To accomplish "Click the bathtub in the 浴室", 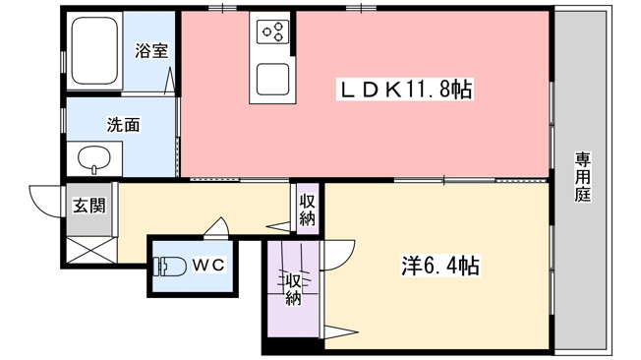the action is coord(94,51).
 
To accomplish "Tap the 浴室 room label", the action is coord(151,51).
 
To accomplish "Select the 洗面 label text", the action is coord(124,125).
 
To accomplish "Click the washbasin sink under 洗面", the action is coord(94,159).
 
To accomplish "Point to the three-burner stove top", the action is coord(272,31).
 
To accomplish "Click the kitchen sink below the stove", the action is coord(272,79).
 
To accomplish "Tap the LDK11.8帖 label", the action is coord(405,90).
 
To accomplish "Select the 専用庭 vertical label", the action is coord(582,177).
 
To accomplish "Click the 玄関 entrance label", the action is coord(89,206).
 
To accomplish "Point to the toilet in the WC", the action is coord(169,266).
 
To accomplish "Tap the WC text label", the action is coord(208,266).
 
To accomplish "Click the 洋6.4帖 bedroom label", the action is coord(439,266).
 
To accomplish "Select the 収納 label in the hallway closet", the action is coord(307,210).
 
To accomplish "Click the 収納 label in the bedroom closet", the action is coord(293,289).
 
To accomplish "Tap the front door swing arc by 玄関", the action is coord(44,202).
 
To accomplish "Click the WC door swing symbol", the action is coord(217,227).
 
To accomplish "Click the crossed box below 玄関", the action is coord(90,251).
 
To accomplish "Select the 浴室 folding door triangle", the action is coord(170,82).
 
